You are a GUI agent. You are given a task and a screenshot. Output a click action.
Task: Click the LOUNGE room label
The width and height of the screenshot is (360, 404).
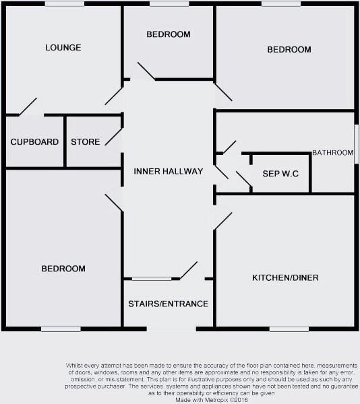pyautogui.click(x=63, y=48)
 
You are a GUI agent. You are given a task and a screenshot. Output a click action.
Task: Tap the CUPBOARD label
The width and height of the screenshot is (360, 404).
pyautogui.click(x=34, y=142)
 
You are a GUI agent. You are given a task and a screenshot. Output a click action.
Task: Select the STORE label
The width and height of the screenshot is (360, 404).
pyautogui.click(x=85, y=142)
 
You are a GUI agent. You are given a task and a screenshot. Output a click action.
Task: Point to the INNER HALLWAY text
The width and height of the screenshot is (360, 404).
pyautogui.click(x=168, y=172)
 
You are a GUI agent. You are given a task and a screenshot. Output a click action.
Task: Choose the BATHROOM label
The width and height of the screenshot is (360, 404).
pyautogui.click(x=332, y=153)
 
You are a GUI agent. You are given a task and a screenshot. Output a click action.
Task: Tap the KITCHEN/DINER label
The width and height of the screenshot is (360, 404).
pyautogui.click(x=285, y=278)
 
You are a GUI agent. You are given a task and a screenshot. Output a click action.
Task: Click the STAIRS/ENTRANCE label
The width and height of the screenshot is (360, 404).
pyautogui.click(x=168, y=304)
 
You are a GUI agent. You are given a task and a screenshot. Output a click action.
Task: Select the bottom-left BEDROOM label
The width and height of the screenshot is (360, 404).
pyautogui.click(x=63, y=269)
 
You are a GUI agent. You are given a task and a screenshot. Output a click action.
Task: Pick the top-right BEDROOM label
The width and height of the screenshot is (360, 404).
pyautogui.click(x=289, y=50)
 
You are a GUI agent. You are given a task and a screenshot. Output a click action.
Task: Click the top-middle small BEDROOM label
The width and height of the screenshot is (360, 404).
pyautogui.click(x=168, y=34)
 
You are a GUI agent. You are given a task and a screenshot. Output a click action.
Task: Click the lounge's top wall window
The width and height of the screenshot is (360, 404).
pyautogui.click(x=64, y=4)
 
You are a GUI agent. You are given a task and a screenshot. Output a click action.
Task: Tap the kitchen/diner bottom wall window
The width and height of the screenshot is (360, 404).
pyautogui.click(x=289, y=329)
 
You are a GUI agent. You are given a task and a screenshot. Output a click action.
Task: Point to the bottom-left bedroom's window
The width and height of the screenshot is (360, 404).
pyautogui.click(x=61, y=329)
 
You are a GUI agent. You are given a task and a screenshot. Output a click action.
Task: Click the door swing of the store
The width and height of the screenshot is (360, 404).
pyautogui.click(x=113, y=137)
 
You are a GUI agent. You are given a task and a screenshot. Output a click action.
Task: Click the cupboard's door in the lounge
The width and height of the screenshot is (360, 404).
pyautogui.click(x=28, y=108)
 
